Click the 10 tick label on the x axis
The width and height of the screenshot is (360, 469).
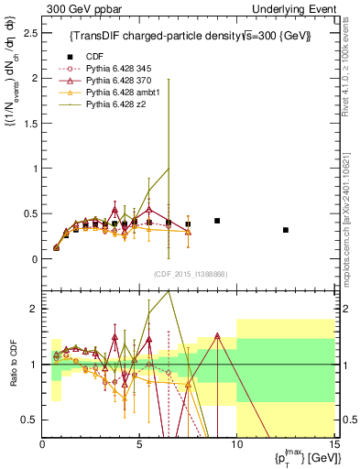coord(236,444)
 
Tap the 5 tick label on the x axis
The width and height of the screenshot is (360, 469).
coord(139,444)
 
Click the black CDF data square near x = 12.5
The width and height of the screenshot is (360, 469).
coord(285,230)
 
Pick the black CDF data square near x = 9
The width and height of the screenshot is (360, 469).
coord(217,221)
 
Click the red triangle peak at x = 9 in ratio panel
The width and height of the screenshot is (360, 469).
coord(217,335)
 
